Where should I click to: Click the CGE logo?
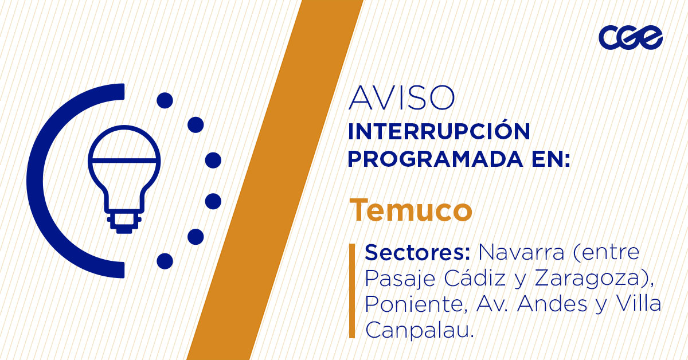pos(630,38)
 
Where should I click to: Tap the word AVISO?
pos(401,99)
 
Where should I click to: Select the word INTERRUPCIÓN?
pos(439,131)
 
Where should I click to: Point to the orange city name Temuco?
pos(411,210)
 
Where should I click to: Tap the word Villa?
pos(638,304)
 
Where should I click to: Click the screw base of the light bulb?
pos(124,222)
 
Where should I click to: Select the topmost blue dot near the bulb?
pos(165,100)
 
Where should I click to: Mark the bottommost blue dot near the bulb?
pos(165,261)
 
